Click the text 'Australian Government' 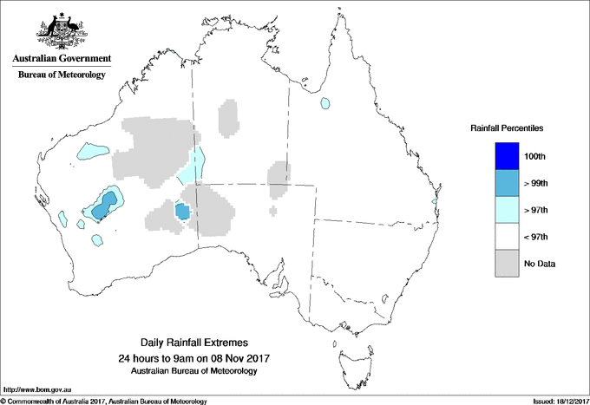click(x=61, y=59)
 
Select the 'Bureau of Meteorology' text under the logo click(x=61, y=75)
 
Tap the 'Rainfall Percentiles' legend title click(x=507, y=128)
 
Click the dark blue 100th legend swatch click(x=507, y=156)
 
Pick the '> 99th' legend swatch click(x=507, y=183)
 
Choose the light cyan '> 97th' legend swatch click(x=507, y=210)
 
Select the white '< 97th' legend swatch click(x=507, y=237)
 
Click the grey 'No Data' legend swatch click(x=507, y=264)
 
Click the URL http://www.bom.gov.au click(x=36, y=390)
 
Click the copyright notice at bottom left click(x=104, y=401)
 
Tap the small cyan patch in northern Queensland click(x=325, y=103)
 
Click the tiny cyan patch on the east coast click(x=434, y=202)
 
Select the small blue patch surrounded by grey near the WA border click(x=182, y=211)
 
